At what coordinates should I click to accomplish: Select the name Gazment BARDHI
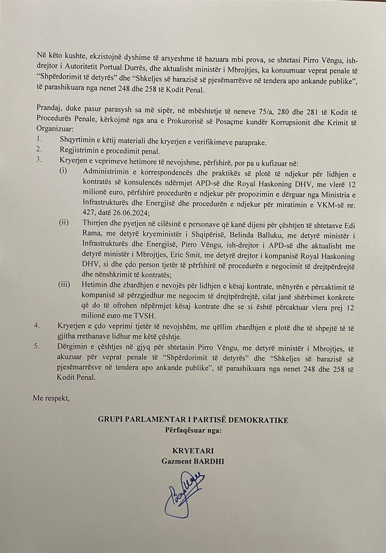tap(193, 461)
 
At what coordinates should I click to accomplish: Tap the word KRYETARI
tap(193, 451)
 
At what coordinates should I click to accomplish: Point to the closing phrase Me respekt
tap(51, 398)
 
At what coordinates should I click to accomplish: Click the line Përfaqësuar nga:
tap(193, 431)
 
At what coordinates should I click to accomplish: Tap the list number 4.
tap(38, 326)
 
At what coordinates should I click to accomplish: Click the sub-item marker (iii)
tap(64, 284)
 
